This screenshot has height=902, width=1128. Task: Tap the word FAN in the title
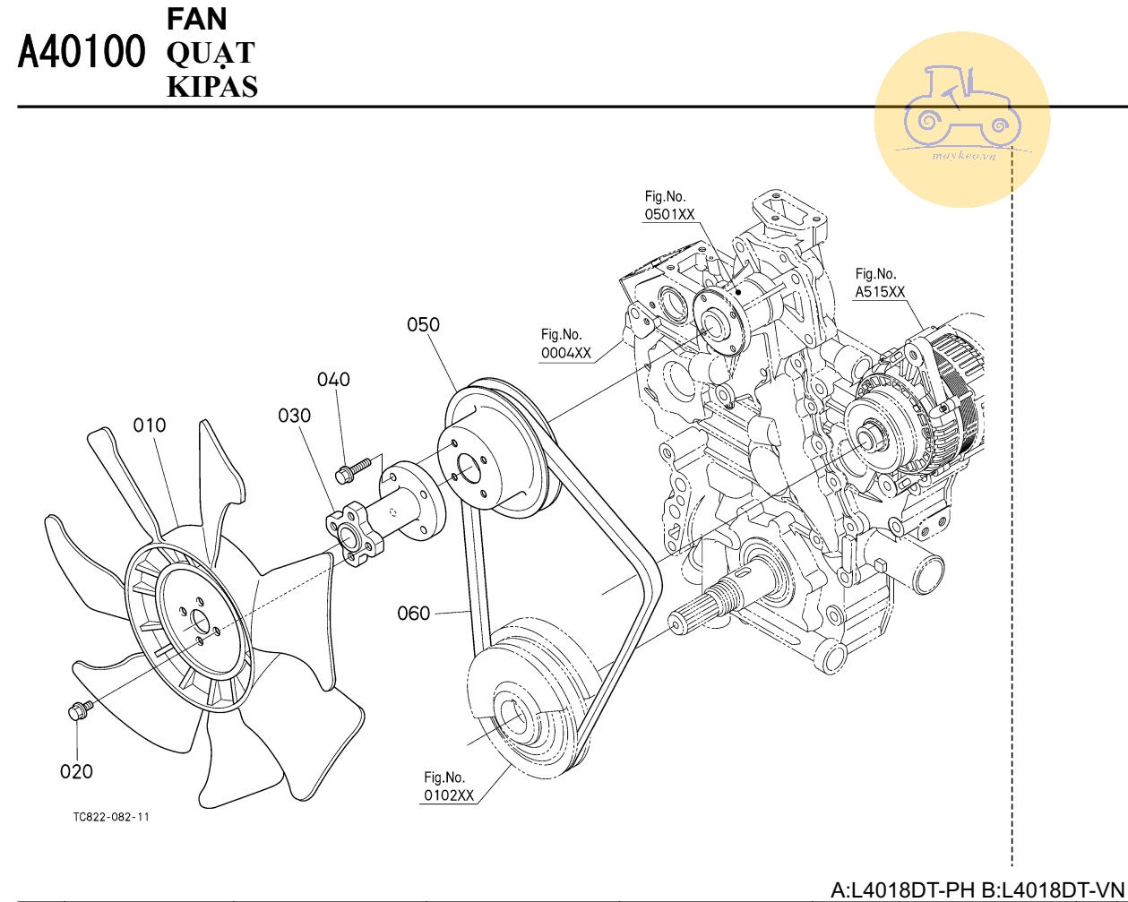(x=197, y=18)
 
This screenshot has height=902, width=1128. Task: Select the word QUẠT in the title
(x=210, y=53)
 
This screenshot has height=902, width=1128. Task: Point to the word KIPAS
(x=212, y=86)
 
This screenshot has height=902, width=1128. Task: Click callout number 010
(x=150, y=425)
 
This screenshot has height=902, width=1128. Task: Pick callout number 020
(x=76, y=771)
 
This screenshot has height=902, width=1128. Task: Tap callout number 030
(x=294, y=416)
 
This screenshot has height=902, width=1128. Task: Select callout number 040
(x=333, y=379)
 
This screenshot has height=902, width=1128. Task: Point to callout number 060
(x=413, y=614)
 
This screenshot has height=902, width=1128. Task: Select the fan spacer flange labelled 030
(x=351, y=537)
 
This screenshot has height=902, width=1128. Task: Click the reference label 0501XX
(x=669, y=214)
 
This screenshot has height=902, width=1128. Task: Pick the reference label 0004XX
(x=565, y=353)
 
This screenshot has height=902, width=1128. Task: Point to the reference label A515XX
(x=880, y=292)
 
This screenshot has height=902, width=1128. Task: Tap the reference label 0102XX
(x=448, y=795)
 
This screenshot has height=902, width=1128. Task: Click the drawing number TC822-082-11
(x=112, y=818)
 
